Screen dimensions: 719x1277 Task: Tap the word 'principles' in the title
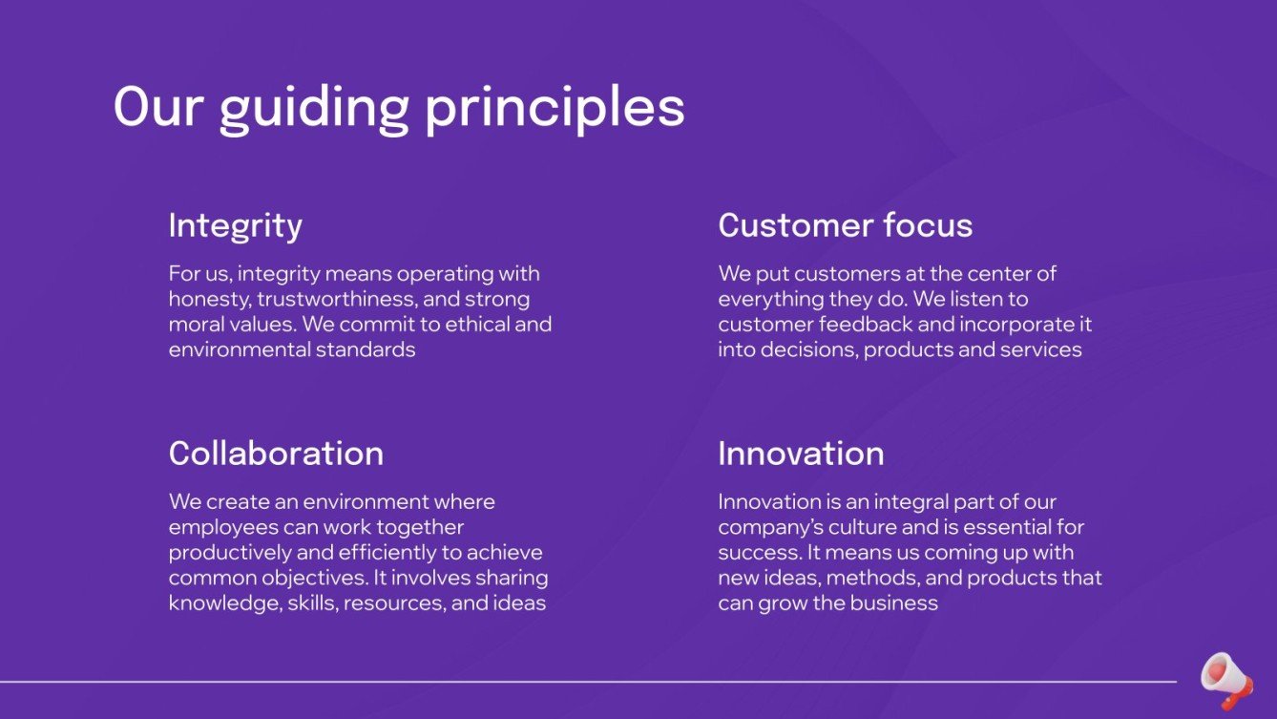pyautogui.click(x=555, y=108)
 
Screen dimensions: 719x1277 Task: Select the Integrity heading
pyautogui.click(x=235, y=226)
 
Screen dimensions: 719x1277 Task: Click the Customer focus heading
pyautogui.click(x=845, y=225)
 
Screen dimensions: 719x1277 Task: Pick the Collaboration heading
pyautogui.click(x=276, y=453)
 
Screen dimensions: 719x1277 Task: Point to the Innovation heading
pyautogui.click(x=801, y=453)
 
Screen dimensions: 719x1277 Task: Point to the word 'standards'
pyautogui.click(x=369, y=349)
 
